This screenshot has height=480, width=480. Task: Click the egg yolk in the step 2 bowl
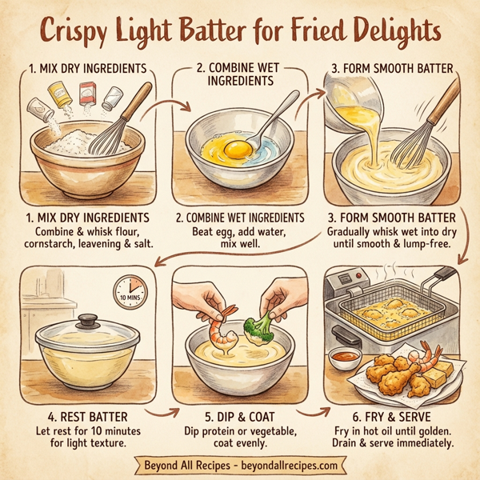click(x=237, y=148)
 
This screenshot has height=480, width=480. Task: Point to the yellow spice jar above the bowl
click(x=58, y=97)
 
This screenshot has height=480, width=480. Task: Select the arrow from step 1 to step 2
click(x=170, y=104)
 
